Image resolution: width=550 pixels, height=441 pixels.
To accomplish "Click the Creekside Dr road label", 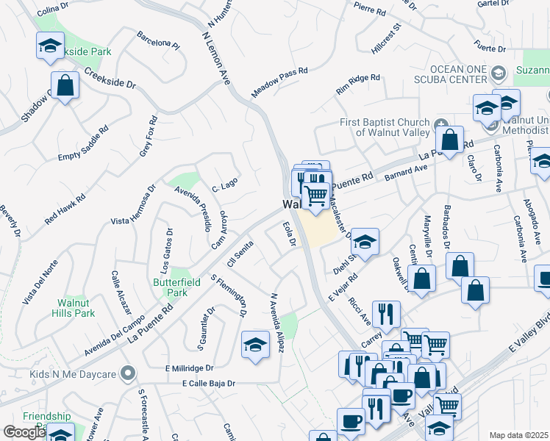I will pos(110,79).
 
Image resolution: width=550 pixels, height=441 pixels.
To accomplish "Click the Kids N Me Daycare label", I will pos(73,374).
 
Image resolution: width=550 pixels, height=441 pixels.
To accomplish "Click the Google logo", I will pos(24,431).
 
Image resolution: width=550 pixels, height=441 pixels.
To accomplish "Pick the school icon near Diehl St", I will pos(364,240).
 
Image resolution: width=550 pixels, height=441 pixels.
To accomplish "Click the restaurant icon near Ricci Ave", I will pos(386,314).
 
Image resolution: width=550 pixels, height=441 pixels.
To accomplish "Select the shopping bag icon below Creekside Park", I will pos(65,85).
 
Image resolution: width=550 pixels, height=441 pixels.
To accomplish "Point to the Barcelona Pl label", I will pos(158,39).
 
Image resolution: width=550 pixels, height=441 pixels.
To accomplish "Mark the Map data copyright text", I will pos(519,435).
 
